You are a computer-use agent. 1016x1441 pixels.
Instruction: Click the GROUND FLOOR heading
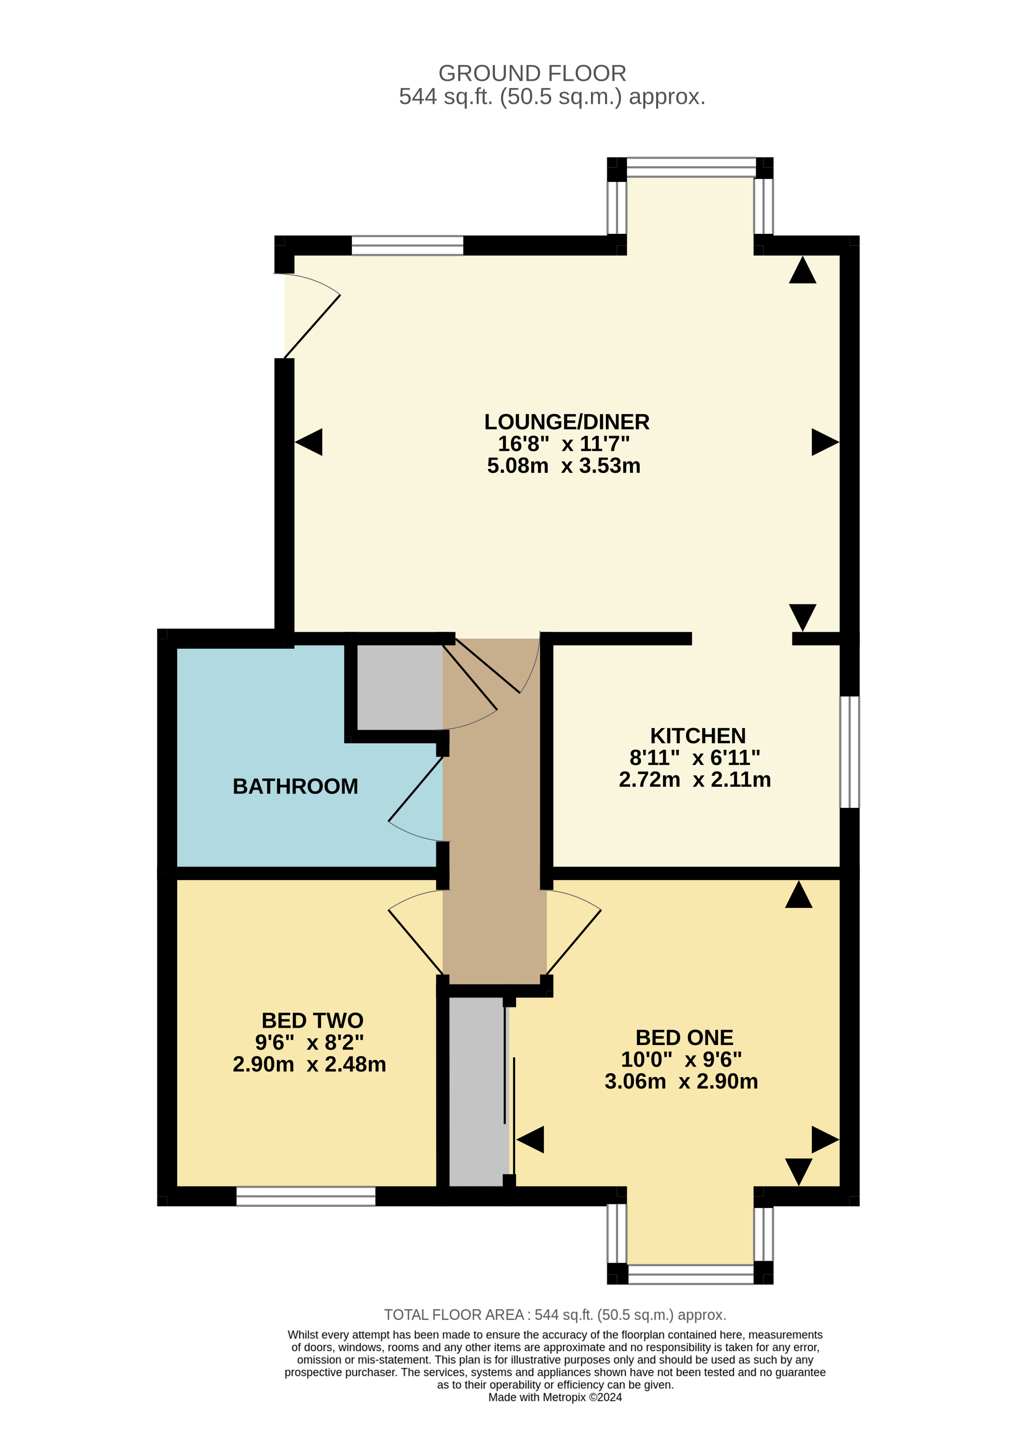532,73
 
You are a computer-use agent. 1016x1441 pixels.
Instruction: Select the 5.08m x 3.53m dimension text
564,466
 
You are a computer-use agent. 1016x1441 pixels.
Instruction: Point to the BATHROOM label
295,786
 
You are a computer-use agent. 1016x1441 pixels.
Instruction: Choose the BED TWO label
312,1021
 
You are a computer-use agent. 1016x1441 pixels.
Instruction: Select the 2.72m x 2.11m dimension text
695,780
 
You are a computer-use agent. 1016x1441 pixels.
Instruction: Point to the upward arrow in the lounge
802,271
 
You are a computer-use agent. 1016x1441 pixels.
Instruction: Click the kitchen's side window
849,751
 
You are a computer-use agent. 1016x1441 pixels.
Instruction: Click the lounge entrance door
312,326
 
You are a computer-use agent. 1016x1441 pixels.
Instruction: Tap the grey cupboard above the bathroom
399,687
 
